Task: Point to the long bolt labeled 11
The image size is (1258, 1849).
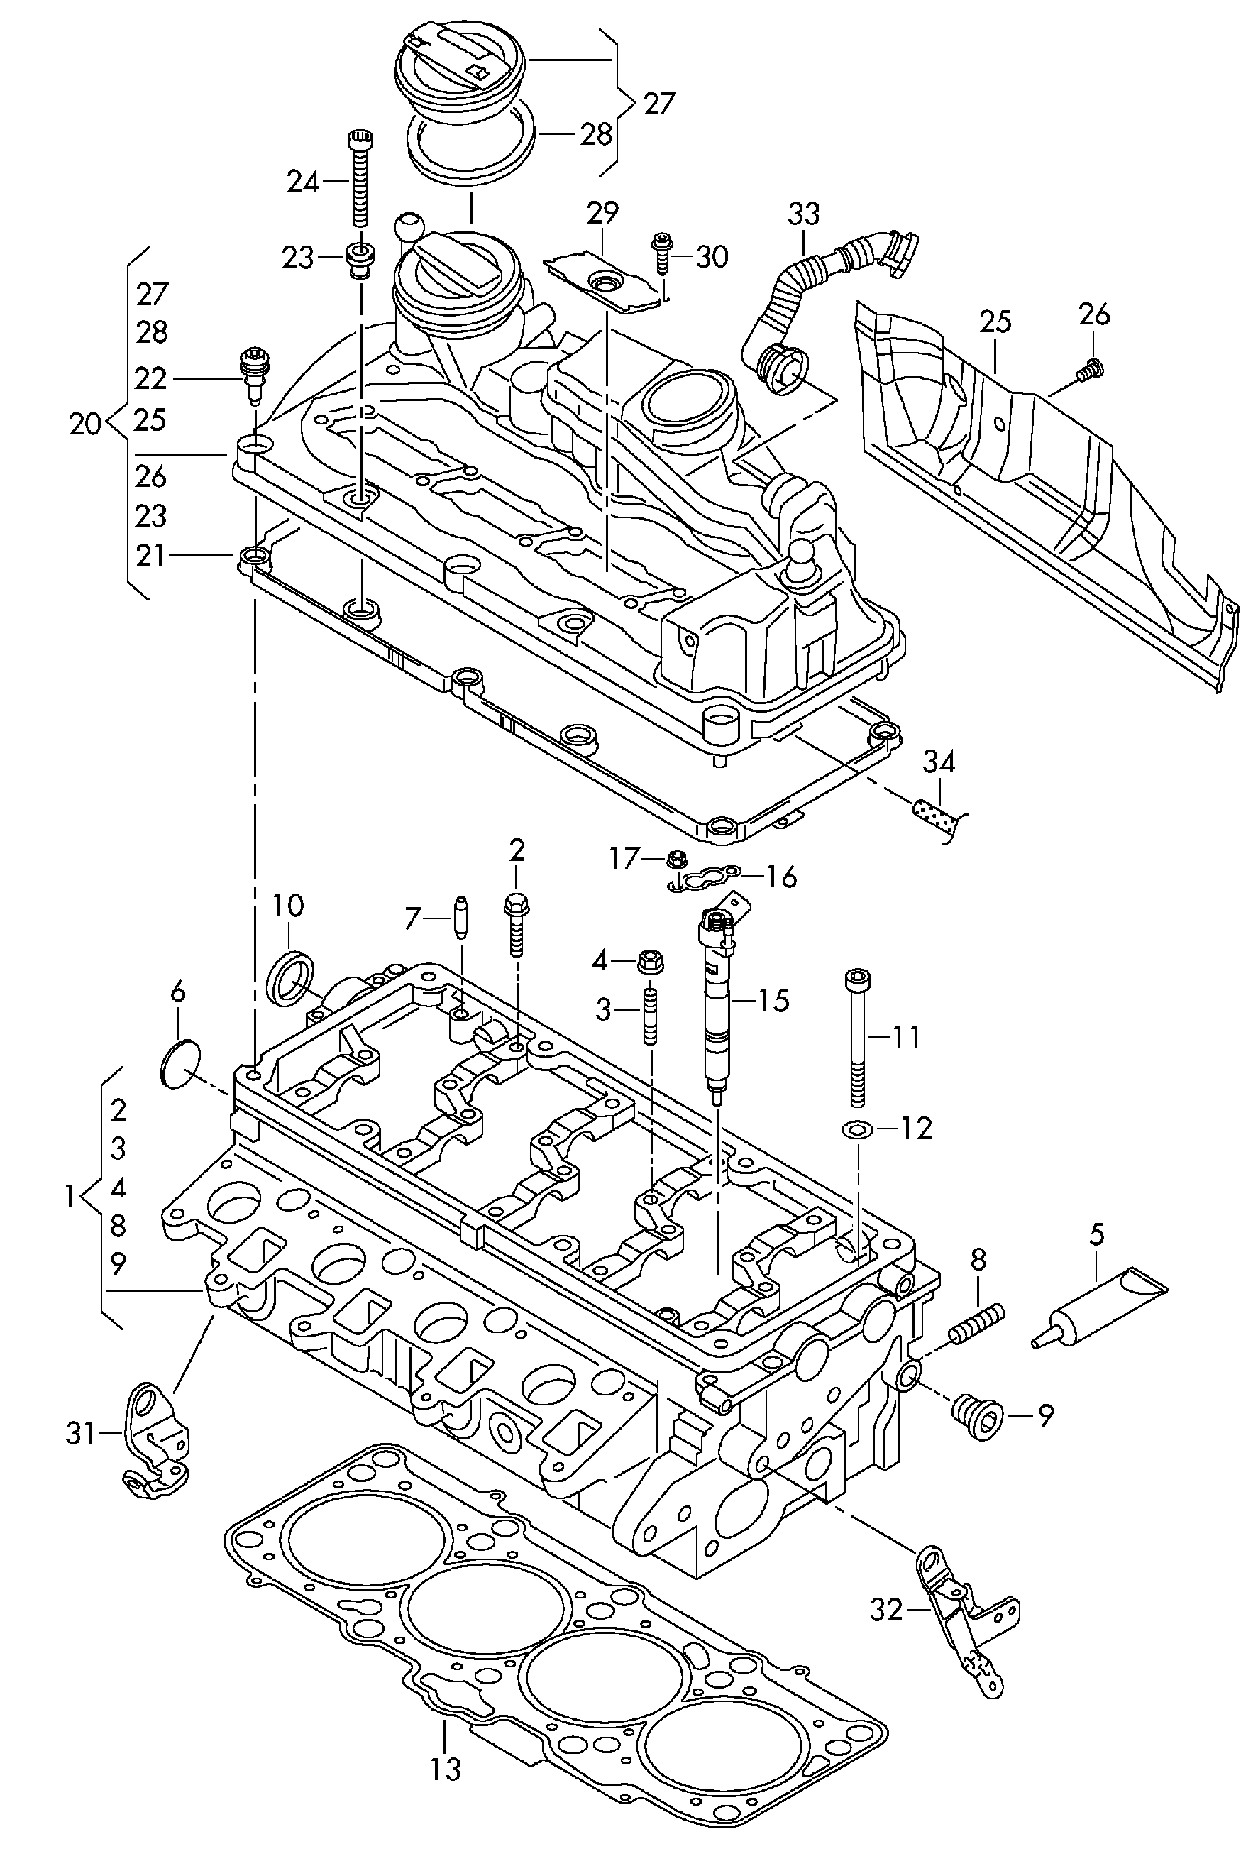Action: coord(857,1038)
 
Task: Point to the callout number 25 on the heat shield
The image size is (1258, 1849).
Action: coord(995,322)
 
